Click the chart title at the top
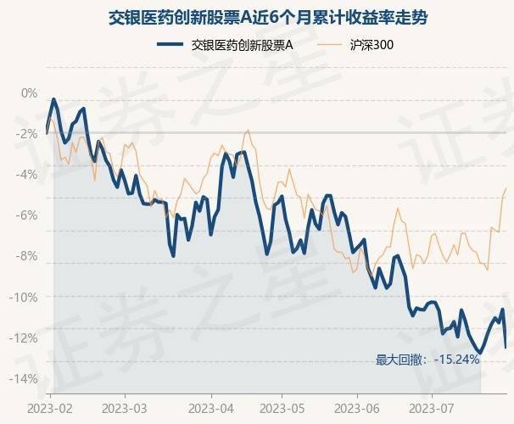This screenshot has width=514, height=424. [256, 17]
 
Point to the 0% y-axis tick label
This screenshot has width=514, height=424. [30, 92]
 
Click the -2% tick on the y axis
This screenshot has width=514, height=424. [28, 133]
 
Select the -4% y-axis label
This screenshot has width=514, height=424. [28, 174]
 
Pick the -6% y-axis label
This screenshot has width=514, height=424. [28, 215]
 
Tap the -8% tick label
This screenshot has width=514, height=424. [28, 255]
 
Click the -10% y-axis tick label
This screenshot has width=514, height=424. [25, 297]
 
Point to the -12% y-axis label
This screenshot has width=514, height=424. [25, 338]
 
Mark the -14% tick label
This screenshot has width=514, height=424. [25, 378]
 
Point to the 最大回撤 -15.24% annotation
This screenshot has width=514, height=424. [428, 360]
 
